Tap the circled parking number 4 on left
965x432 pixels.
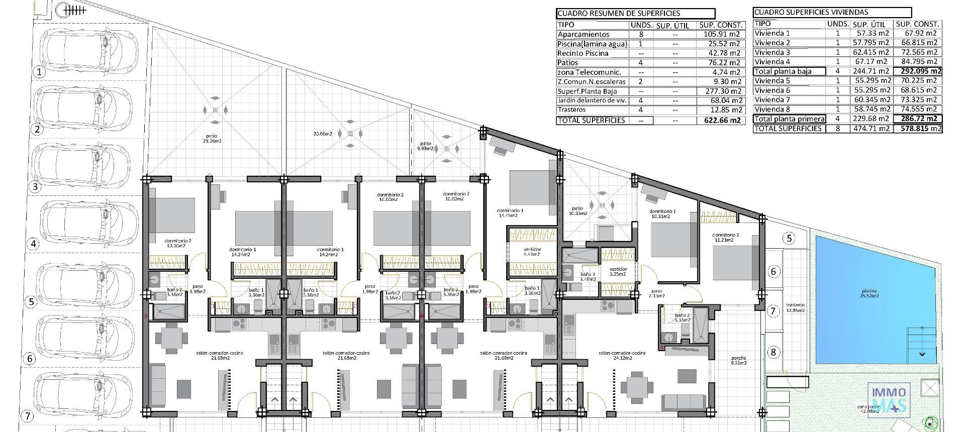coord(34,244)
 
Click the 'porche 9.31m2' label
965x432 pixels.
coord(738,361)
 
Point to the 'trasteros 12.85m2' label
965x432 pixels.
coord(795,307)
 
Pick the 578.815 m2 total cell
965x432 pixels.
coord(918,129)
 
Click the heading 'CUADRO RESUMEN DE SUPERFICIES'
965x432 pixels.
coord(618,14)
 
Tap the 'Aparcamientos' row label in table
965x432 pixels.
coord(583,34)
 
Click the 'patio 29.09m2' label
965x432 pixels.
coord(212,138)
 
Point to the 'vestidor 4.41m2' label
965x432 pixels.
coord(532,252)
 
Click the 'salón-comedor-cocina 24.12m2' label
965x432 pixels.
coord(622,356)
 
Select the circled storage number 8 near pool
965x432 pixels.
coord(773,352)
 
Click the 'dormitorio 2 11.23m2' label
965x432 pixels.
coord(725,238)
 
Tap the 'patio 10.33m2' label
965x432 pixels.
coord(577,211)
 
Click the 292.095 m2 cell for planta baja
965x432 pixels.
coord(918,71)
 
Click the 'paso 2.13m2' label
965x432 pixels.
coord(657,293)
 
